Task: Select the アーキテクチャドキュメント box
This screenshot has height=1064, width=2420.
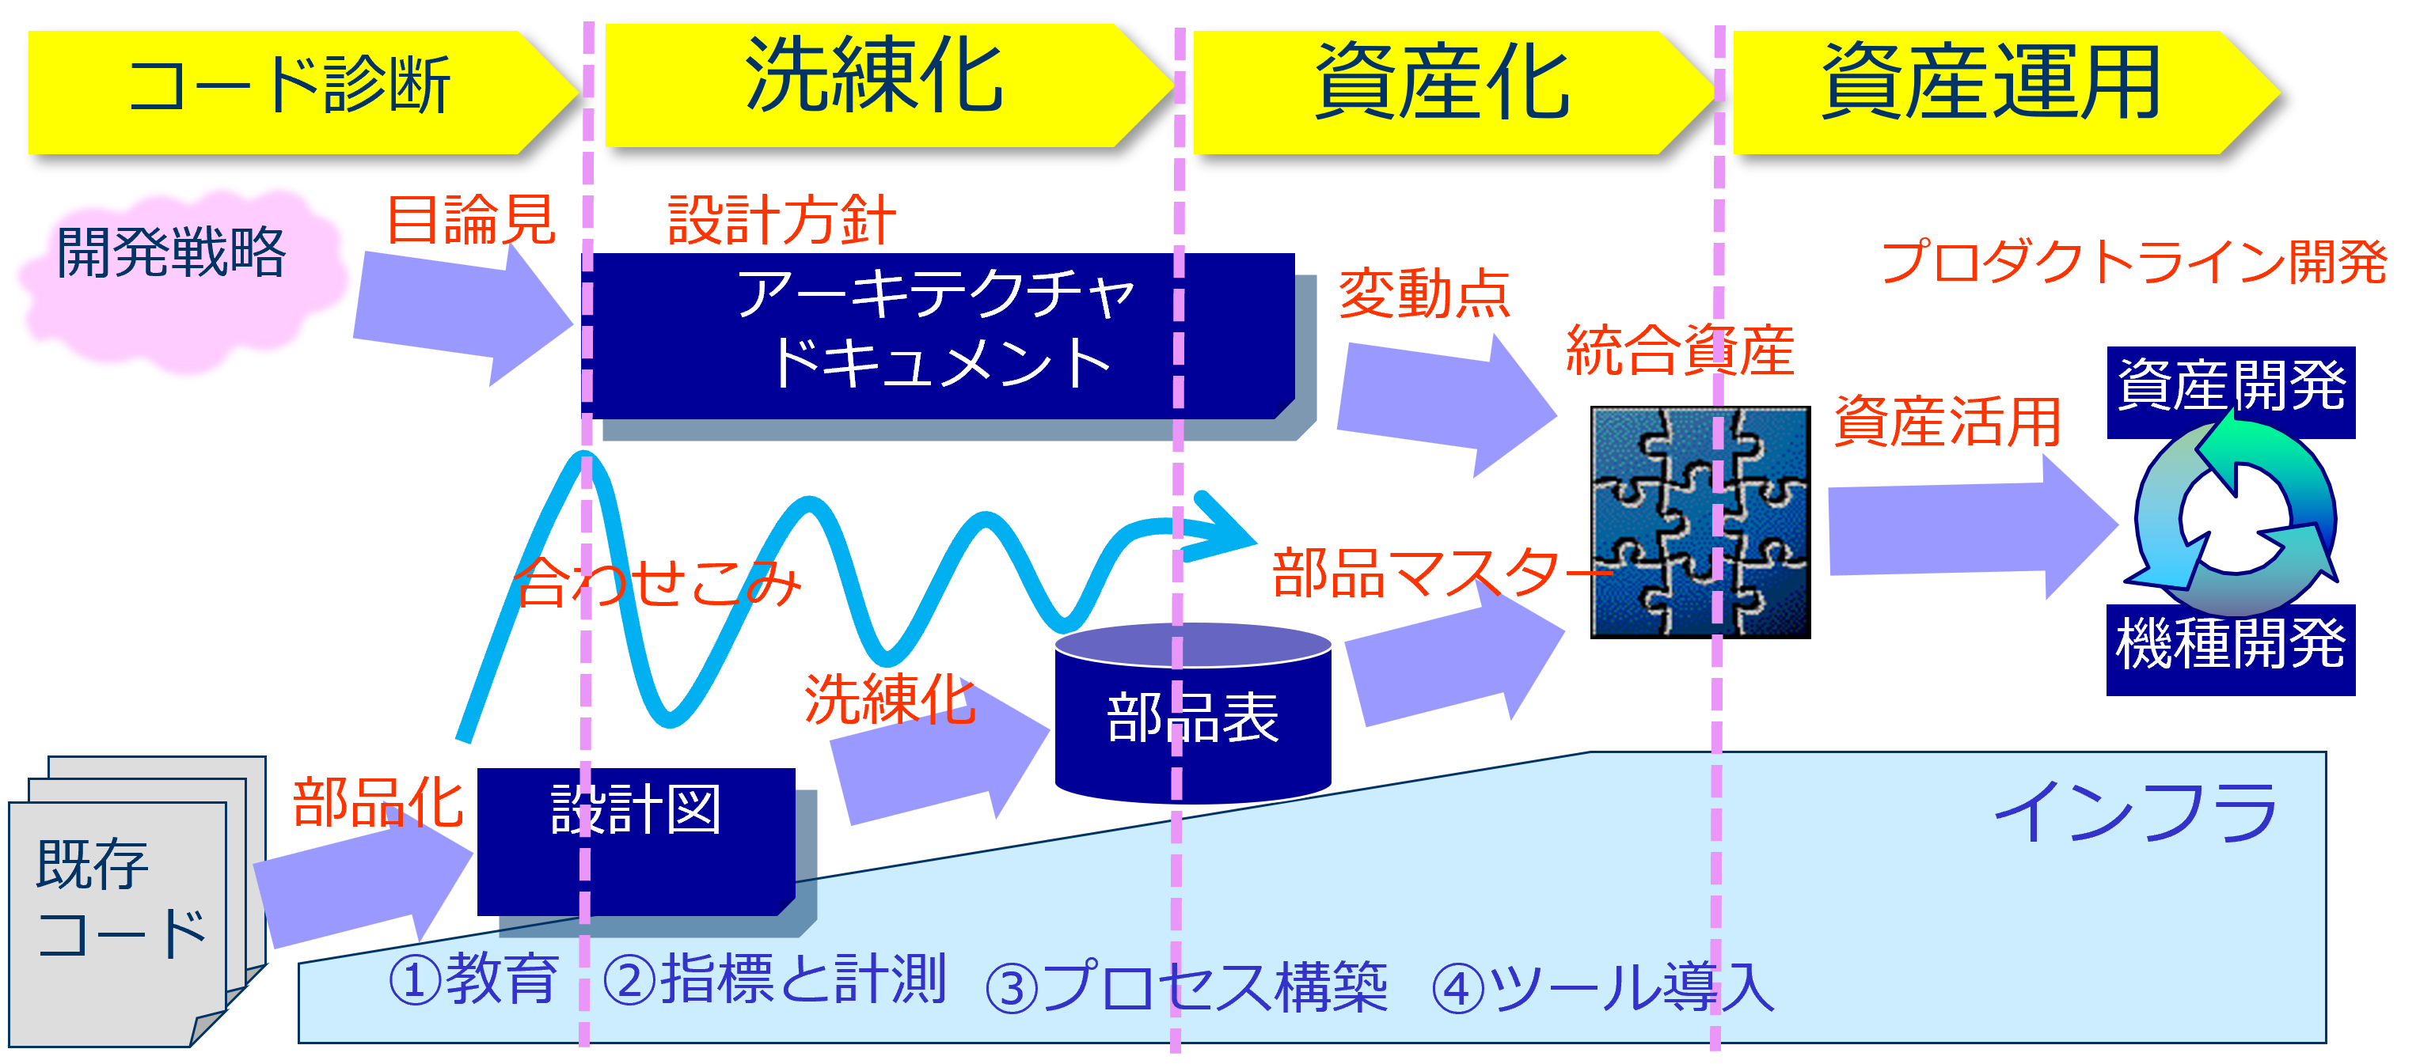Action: click(x=940, y=333)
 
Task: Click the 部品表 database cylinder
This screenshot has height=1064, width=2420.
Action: click(x=1192, y=718)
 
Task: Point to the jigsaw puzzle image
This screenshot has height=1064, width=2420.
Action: click(x=1699, y=521)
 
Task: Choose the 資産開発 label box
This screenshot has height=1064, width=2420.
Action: click(x=2230, y=390)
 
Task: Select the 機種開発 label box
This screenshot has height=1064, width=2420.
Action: click(x=2230, y=648)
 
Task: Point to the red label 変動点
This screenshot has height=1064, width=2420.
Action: click(x=1424, y=294)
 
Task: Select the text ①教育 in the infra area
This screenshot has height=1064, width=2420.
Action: click(x=473, y=979)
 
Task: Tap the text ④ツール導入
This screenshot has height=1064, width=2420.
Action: click(x=1601, y=988)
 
